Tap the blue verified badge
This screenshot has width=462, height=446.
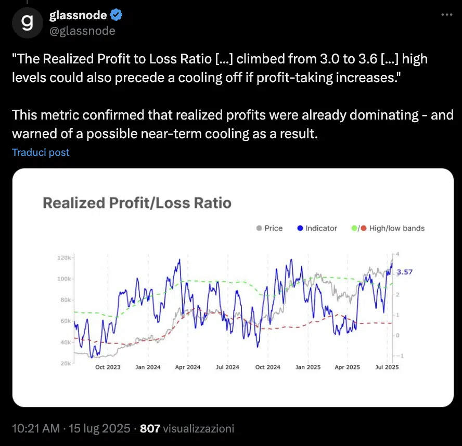117,16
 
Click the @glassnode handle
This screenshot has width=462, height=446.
82,31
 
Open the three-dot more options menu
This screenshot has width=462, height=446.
446,15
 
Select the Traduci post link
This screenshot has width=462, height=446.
41,152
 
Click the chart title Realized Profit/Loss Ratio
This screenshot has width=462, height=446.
137,203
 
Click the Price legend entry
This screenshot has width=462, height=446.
269,228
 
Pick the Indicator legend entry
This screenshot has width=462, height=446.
317,228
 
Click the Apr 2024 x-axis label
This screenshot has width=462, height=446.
187,367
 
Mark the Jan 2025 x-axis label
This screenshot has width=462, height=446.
307,367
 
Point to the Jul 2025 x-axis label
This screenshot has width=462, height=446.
386,367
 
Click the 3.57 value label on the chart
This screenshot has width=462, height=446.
405,272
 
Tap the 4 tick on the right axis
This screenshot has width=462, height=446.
397,254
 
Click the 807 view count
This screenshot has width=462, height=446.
150,429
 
